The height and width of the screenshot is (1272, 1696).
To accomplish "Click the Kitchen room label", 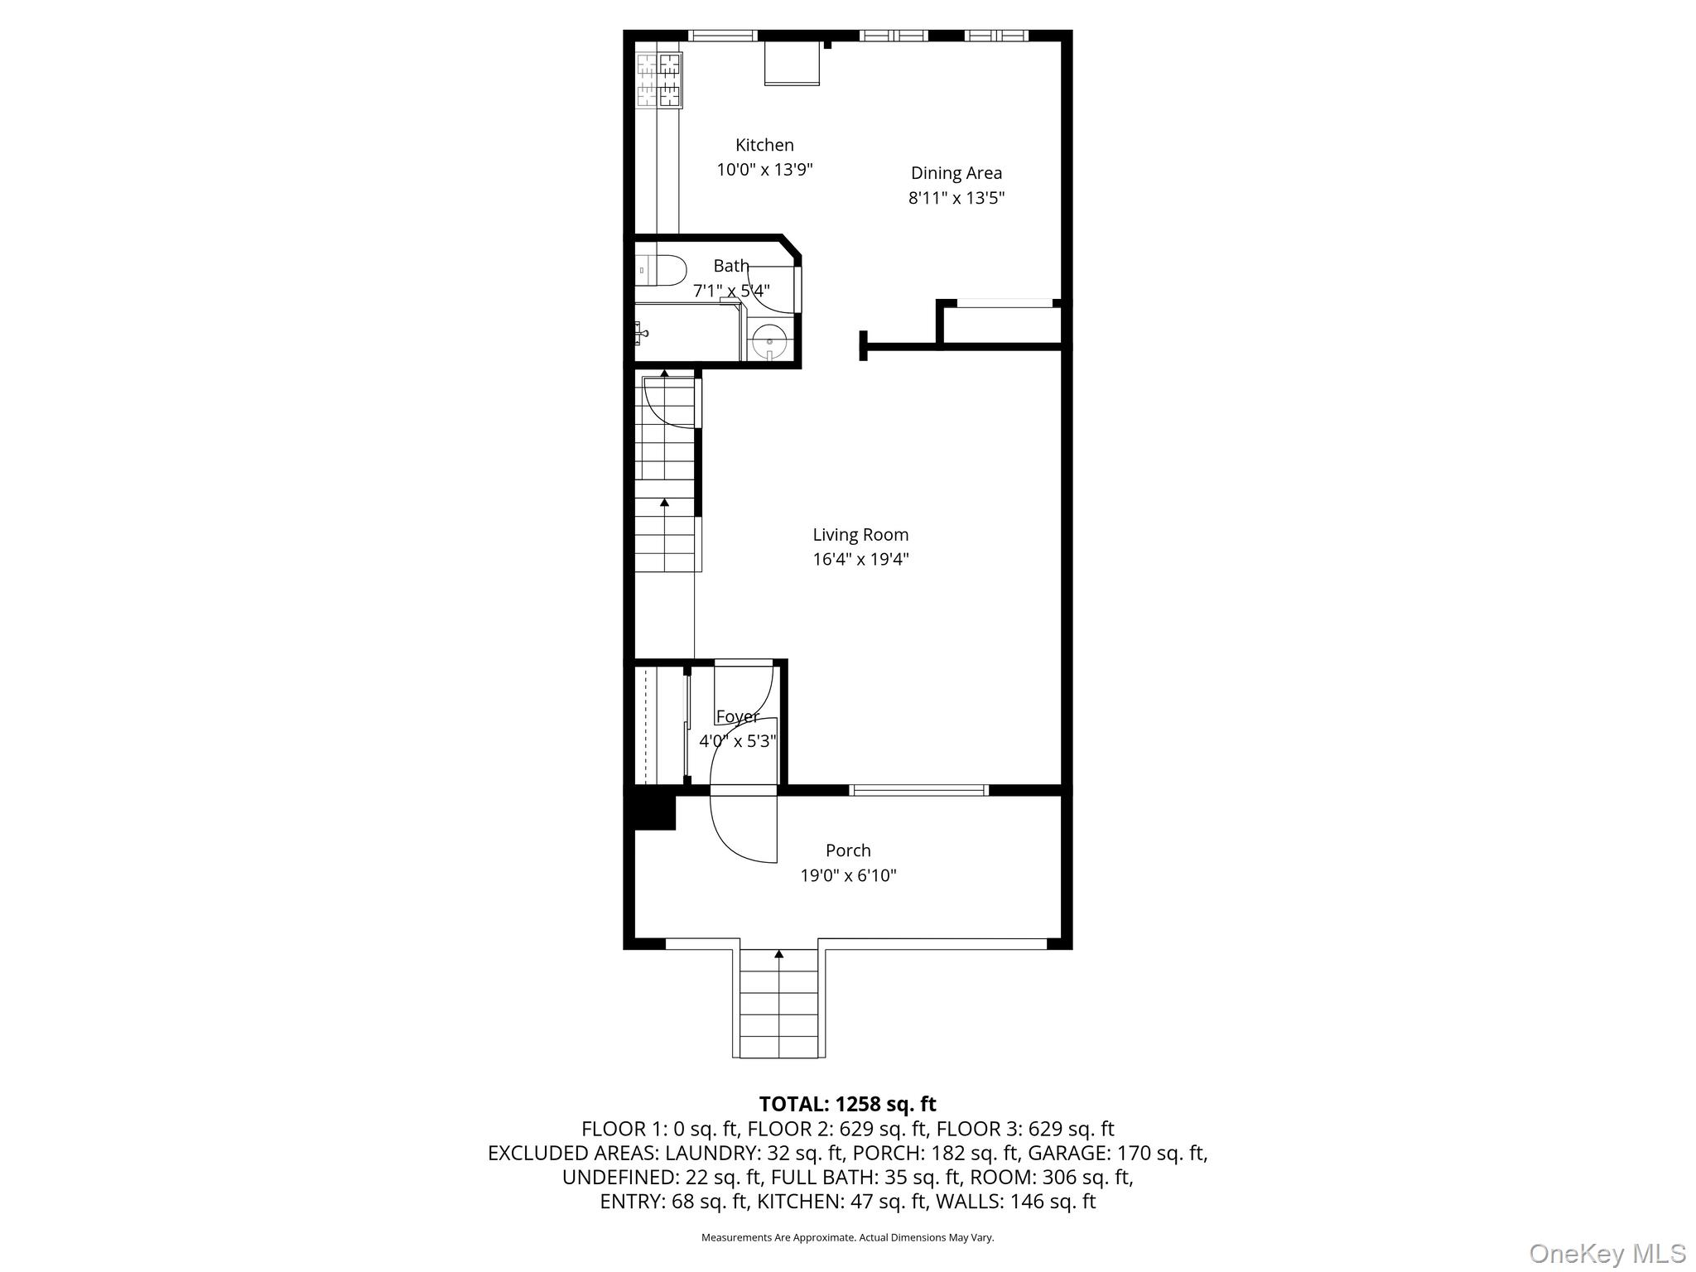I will pos(764,145).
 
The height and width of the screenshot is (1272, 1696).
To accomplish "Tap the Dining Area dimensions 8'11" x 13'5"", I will pos(956,198).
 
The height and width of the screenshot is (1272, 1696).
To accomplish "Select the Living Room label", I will pos(860,535).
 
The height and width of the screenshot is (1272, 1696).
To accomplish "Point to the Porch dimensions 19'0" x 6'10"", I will pos(848,875).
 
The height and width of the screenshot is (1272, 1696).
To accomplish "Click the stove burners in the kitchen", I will pos(659,80).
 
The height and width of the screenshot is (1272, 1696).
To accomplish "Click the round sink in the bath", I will pos(770,340).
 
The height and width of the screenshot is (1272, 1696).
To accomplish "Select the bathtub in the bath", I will pos(687,333).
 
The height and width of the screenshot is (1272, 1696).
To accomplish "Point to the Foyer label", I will pos(737,716).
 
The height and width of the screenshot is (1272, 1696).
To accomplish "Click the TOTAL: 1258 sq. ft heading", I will pos(847,1104).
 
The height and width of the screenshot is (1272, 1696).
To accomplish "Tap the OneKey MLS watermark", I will pos(1607,1253).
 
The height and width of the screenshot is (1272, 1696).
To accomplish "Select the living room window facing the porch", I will pos(919,790).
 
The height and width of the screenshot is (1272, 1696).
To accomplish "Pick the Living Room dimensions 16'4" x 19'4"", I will pos(860,559).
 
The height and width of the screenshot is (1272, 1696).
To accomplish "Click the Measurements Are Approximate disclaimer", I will pos(847,1237).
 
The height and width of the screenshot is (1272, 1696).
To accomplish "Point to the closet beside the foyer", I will pos(660,725).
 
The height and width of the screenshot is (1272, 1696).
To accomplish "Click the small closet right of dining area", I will pos(1003,325).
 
